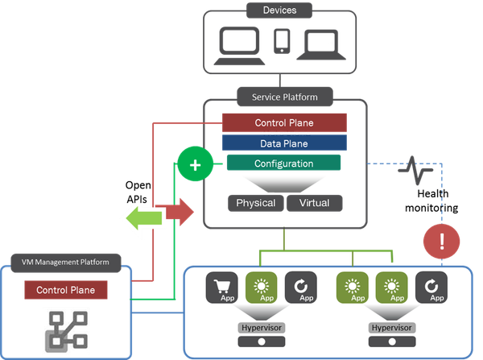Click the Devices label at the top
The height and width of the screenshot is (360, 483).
click(x=280, y=10)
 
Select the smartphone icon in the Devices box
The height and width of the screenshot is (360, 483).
click(x=281, y=40)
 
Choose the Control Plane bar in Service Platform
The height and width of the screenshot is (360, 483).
click(x=284, y=122)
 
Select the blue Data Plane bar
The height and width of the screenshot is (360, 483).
click(x=284, y=143)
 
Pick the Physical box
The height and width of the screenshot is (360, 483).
click(x=255, y=202)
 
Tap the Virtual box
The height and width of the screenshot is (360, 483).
click(x=314, y=202)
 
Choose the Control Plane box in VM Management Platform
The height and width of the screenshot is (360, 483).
click(x=65, y=290)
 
